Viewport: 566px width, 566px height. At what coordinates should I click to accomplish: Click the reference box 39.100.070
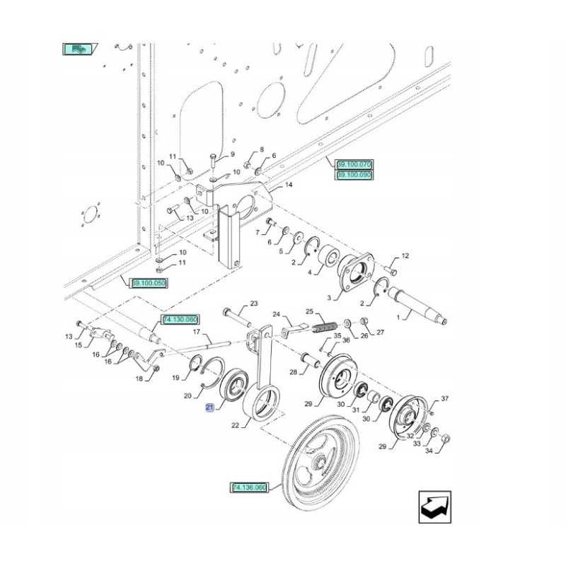[x=354, y=165]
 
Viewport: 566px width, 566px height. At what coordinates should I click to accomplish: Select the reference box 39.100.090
[x=354, y=174]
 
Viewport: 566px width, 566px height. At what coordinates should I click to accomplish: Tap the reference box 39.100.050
[x=149, y=284]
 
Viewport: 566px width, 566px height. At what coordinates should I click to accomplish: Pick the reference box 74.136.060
[x=248, y=487]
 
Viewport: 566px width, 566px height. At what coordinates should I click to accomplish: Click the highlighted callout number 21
[x=209, y=407]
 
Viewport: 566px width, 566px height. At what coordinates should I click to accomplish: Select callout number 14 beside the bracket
[x=288, y=186]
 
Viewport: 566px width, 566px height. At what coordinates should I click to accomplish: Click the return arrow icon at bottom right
[x=432, y=506]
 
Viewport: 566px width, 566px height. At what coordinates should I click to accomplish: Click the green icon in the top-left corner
[x=78, y=50]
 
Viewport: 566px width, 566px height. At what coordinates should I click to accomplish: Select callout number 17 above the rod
[x=198, y=333]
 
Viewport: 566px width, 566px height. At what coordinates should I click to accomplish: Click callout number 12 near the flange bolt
[x=405, y=255]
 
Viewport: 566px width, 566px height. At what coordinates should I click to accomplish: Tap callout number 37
[x=444, y=399]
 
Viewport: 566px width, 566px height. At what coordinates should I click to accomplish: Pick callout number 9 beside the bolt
[x=231, y=154]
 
